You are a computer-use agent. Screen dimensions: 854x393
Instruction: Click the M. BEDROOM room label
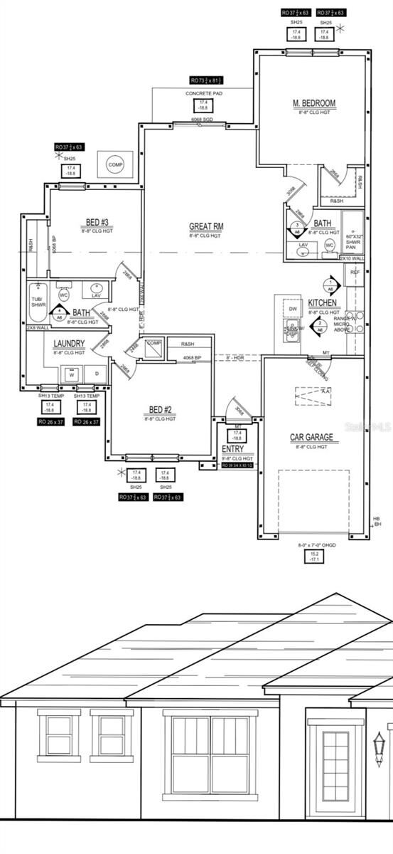click(x=313, y=103)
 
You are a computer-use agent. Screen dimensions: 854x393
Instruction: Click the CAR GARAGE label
click(x=312, y=437)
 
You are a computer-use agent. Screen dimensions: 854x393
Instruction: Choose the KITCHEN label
click(x=323, y=303)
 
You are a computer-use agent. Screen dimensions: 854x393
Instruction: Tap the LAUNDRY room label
click(x=69, y=343)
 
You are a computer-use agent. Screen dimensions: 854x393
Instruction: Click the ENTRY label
click(x=232, y=449)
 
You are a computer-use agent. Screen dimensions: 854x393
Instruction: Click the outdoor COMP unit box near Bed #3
click(x=115, y=164)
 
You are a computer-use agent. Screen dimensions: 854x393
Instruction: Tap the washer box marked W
click(x=71, y=374)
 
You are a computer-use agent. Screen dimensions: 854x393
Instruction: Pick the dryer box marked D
click(x=96, y=374)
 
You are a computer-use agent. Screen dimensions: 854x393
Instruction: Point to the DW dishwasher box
click(x=292, y=310)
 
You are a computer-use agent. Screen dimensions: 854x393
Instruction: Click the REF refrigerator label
click(x=355, y=273)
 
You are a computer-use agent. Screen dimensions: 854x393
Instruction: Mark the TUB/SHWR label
click(x=36, y=302)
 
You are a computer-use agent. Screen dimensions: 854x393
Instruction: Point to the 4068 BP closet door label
click(x=193, y=357)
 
